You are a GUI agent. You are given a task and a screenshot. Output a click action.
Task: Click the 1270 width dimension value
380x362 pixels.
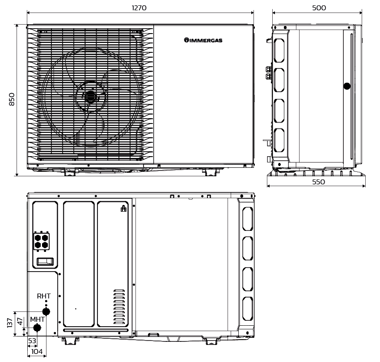[139, 8]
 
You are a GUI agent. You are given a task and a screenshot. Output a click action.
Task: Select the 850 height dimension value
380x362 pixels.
[12, 99]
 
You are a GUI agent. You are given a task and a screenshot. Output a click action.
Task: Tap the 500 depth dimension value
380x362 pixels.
[319, 8]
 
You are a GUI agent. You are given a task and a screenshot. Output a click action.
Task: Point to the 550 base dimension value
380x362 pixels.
[318, 182]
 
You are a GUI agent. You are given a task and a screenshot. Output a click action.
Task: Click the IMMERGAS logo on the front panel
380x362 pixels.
[203, 40]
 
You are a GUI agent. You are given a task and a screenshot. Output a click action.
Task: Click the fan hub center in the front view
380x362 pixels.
[91, 97]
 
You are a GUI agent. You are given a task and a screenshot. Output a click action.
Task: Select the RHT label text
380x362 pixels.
[44, 296]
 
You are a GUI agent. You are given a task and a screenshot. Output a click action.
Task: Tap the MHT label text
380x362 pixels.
[37, 319]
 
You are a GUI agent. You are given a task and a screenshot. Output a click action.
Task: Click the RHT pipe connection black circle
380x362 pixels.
[46, 311]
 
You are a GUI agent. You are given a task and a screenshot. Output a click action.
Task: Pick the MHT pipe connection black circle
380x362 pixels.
[37, 328]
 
